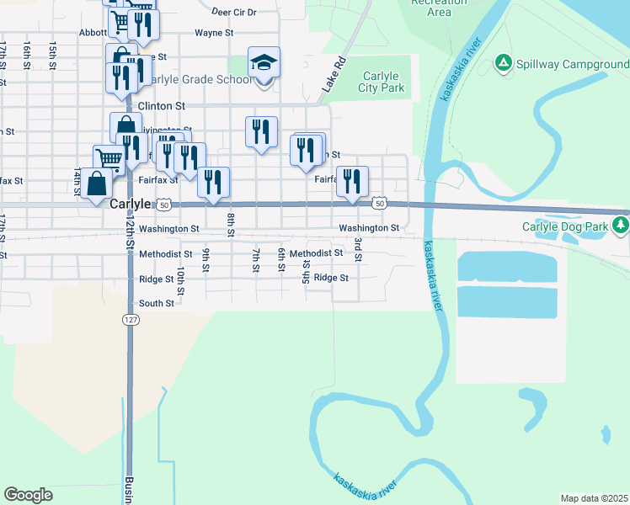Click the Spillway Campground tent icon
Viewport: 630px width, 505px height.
503,62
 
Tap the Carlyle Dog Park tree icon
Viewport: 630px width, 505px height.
621,225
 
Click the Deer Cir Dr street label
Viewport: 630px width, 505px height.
234,13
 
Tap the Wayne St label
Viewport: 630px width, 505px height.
214,33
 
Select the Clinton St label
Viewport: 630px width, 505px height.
161,106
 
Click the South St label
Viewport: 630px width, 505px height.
157,303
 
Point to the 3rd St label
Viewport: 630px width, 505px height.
358,249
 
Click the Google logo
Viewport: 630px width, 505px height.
28,495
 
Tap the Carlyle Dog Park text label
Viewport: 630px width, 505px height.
567,226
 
